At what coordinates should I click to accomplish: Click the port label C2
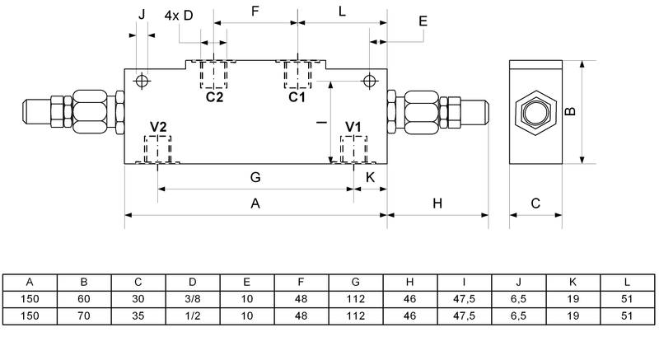pos(214,97)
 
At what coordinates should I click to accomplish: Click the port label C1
pos(297,97)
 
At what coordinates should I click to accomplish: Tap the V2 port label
pos(158,127)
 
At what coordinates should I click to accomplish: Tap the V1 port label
pos(353,127)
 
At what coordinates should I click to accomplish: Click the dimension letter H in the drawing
pos(437,203)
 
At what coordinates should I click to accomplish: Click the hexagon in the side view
pos(535,112)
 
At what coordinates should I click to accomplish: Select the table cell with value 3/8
pos(193,298)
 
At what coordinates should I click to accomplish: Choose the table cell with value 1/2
pos(193,315)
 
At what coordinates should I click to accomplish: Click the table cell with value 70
pos(83,315)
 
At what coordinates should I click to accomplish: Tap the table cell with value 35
pos(138,315)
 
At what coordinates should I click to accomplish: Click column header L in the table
pos(628,281)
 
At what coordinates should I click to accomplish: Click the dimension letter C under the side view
pos(535,203)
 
